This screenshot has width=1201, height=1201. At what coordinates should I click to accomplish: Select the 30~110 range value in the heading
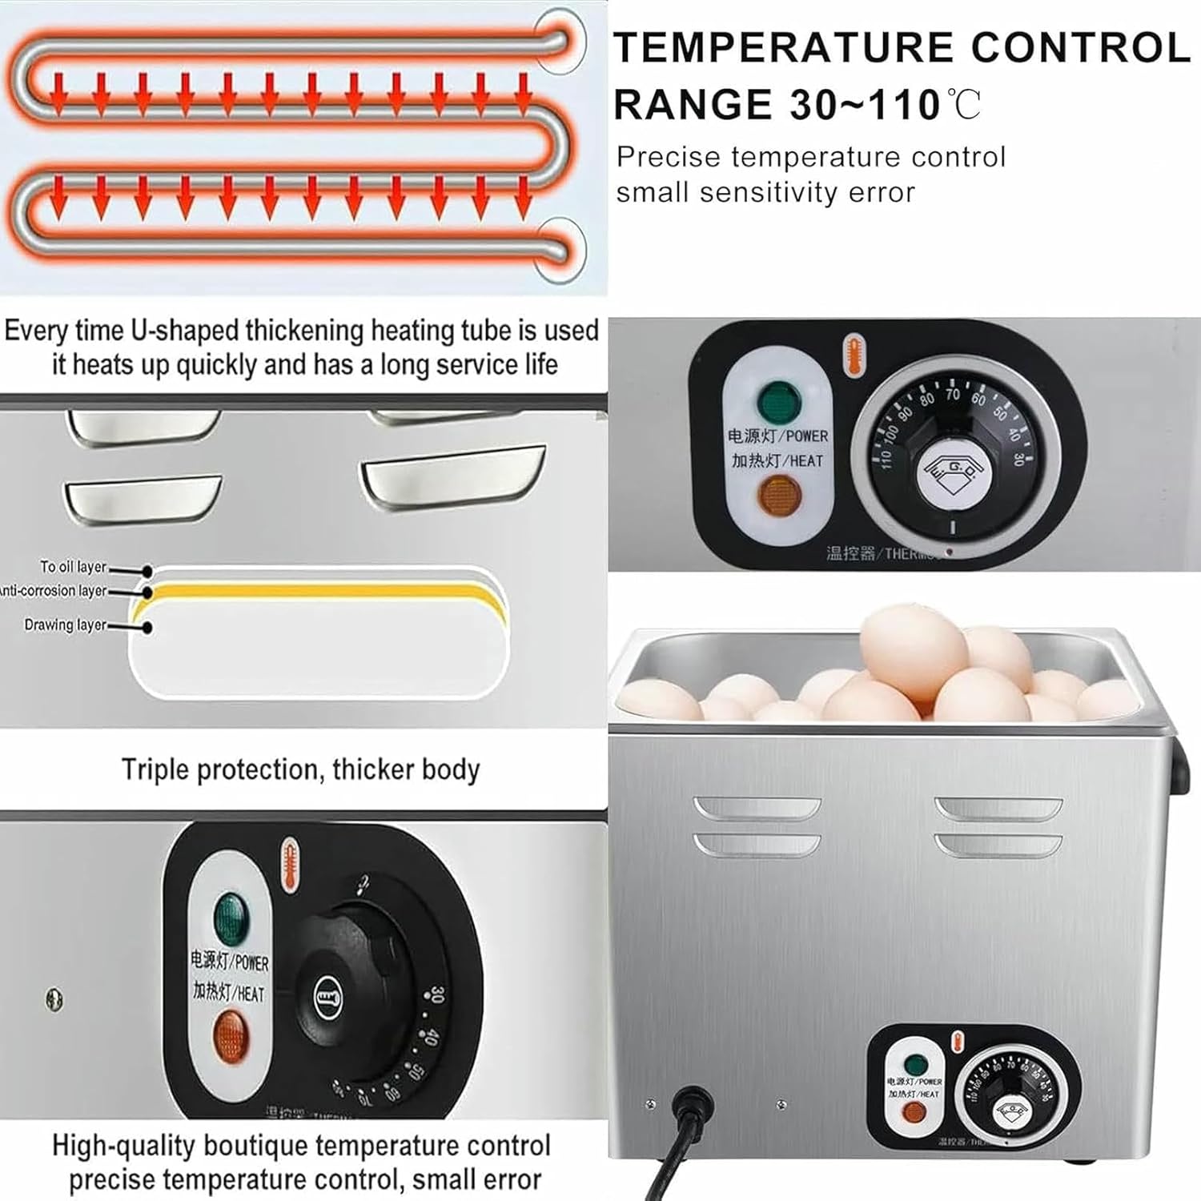click(865, 105)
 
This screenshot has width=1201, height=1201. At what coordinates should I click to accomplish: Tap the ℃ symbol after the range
click(964, 104)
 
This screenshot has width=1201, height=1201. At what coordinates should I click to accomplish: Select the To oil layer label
click(74, 567)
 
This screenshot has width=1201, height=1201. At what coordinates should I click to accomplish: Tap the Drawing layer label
click(66, 625)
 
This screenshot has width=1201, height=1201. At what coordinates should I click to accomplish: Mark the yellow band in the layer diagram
click(320, 592)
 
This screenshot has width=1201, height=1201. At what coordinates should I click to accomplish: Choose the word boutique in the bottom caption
click(264, 1146)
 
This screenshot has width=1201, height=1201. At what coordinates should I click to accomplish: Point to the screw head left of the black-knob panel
click(54, 999)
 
